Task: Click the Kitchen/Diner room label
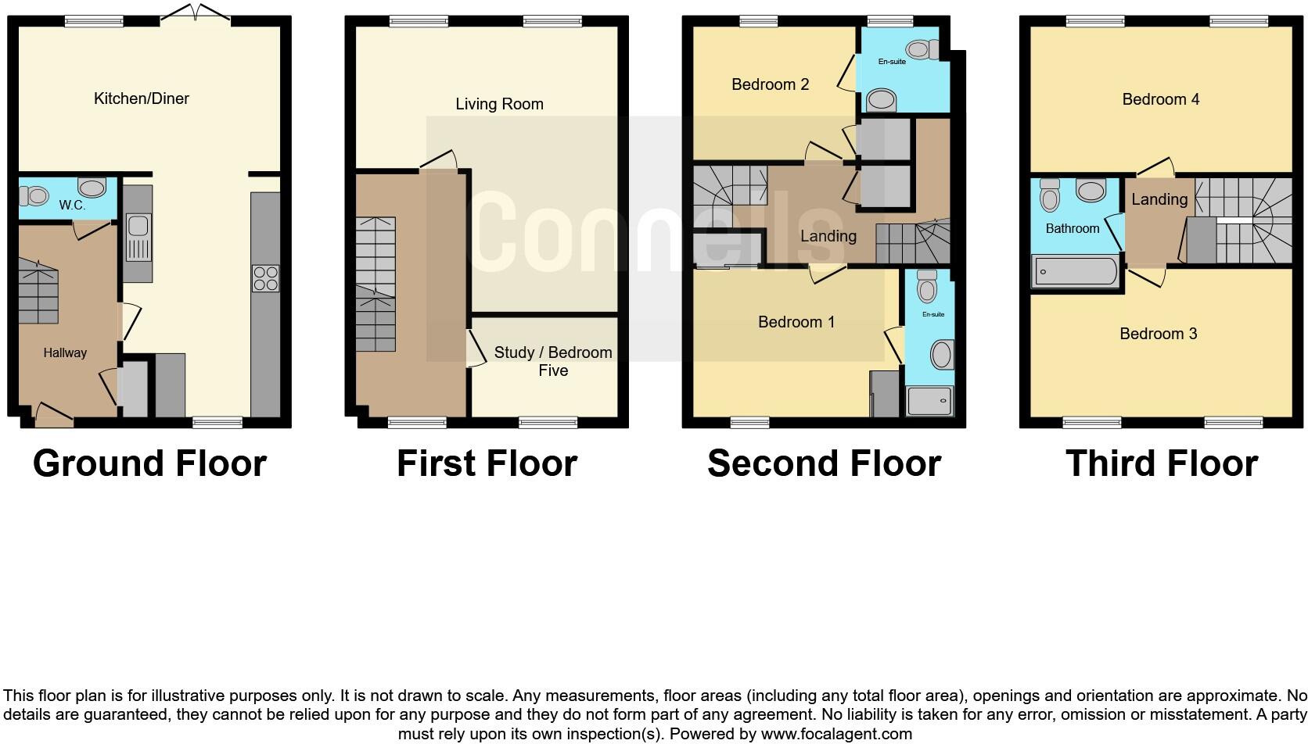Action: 141,98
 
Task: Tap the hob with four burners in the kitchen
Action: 265,278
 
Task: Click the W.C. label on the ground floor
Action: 71,206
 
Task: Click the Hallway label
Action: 65,352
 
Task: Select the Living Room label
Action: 499,104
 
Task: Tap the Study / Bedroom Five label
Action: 552,361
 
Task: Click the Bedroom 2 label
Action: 770,84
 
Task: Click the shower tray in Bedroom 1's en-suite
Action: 929,401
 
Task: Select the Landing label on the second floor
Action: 828,236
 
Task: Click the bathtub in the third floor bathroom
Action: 1076,272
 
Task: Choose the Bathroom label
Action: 1072,228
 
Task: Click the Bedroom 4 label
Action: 1160,99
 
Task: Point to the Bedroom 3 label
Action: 1158,334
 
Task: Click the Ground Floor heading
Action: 149,463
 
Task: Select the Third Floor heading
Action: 1161,463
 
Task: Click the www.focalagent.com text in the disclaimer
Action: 835,734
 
